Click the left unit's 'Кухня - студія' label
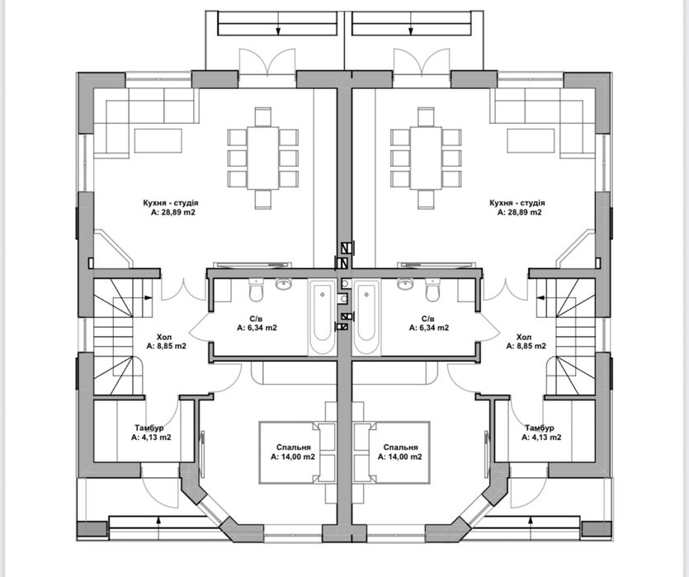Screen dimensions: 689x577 click(x=171, y=203)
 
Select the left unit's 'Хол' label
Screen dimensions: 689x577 click(x=166, y=337)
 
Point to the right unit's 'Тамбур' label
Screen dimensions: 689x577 click(x=540, y=428)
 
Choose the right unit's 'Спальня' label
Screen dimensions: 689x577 click(x=400, y=447)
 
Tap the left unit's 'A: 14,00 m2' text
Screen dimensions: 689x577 click(x=293, y=457)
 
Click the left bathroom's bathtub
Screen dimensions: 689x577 click(x=323, y=317)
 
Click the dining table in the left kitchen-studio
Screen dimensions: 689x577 click(x=263, y=158)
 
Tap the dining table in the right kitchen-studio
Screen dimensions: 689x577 click(x=427, y=158)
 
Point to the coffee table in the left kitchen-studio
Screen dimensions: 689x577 click(x=158, y=140)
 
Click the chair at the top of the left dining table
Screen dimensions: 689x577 click(x=263, y=117)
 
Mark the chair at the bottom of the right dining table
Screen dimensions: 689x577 click(x=427, y=199)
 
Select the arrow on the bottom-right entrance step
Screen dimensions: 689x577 click(x=531, y=522)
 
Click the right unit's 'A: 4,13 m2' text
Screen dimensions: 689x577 click(x=541, y=437)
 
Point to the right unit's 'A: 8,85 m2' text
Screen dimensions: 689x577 click(x=526, y=347)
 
